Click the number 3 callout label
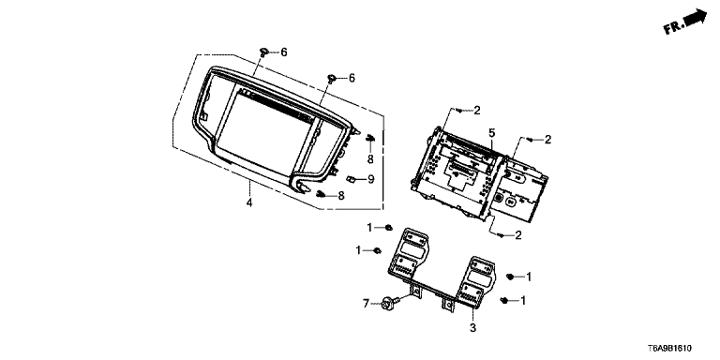point(472,328)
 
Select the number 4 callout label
point(249,202)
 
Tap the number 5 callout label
point(492,133)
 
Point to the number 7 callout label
point(366,304)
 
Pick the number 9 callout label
point(371,179)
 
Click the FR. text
point(674,27)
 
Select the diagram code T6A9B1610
point(670,349)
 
